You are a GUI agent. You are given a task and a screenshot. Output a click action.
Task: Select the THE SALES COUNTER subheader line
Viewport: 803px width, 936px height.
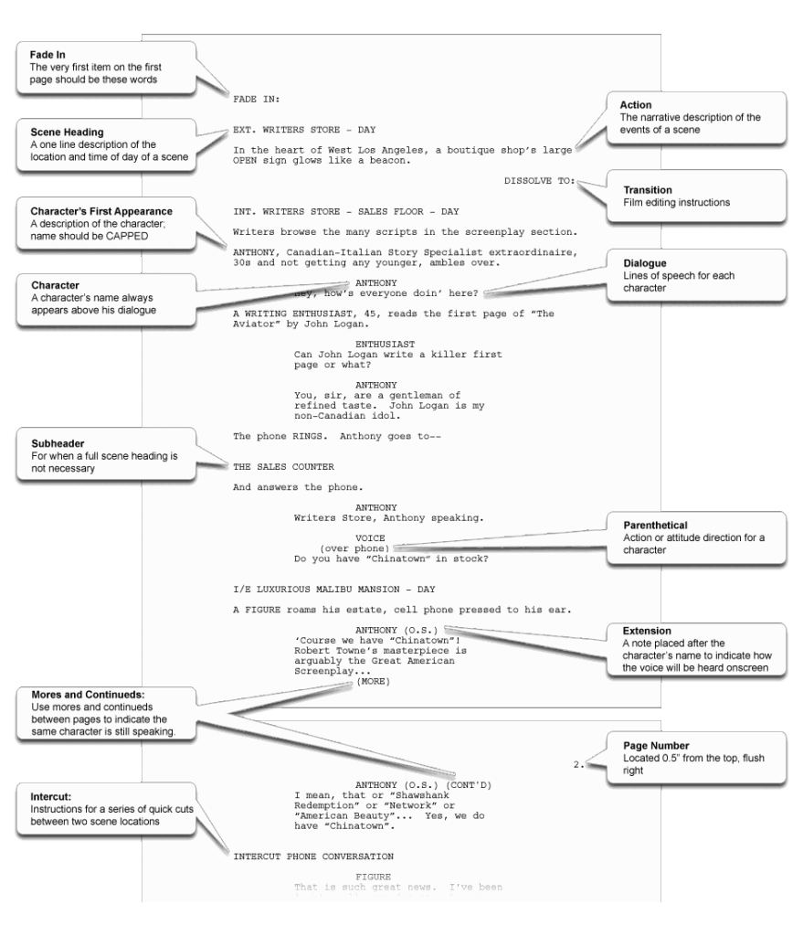pyautogui.click(x=283, y=466)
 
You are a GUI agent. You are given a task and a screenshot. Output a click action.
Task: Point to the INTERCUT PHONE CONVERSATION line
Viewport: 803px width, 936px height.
pyautogui.click(x=313, y=856)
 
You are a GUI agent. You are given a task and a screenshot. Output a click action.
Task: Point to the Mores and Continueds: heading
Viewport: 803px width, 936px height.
pyautogui.click(x=82, y=694)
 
